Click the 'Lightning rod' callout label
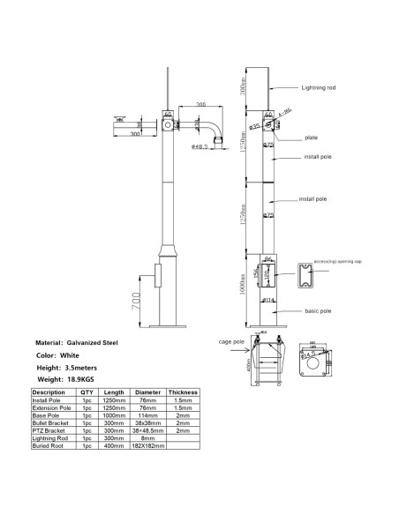point(319,88)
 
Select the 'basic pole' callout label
point(317,311)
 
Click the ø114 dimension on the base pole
point(266,302)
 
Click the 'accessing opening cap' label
point(346,263)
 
